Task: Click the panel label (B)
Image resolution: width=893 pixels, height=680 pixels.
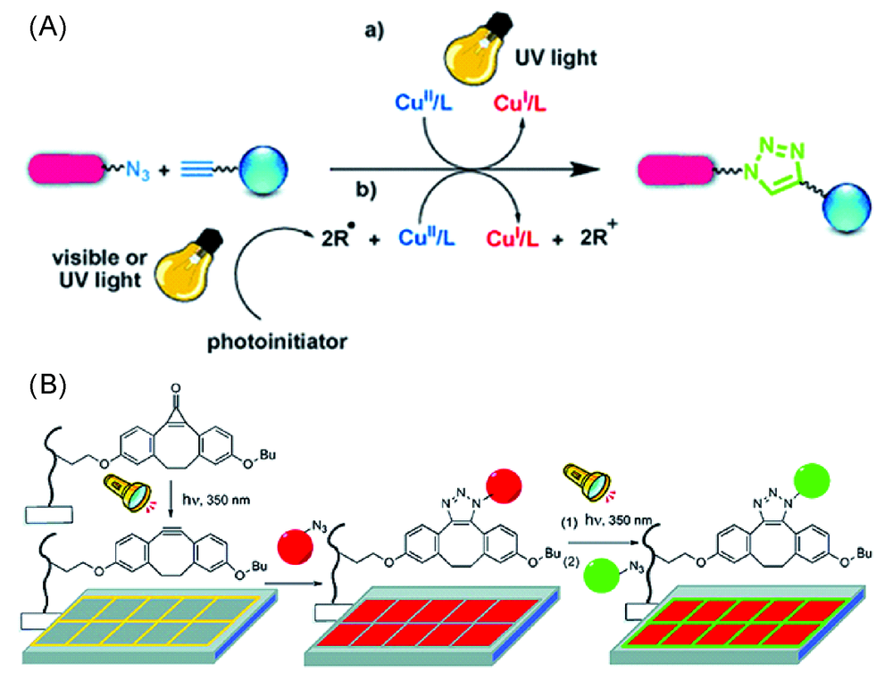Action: tap(46, 388)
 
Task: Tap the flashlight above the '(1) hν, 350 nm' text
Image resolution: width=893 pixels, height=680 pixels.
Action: tap(583, 482)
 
